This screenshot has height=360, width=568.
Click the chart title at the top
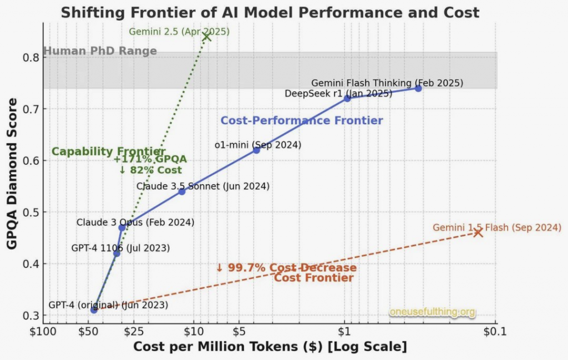point(270,13)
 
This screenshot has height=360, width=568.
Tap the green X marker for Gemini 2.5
point(207,37)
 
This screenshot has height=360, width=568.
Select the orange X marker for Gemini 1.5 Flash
point(478,232)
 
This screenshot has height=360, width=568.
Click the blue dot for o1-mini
point(256,150)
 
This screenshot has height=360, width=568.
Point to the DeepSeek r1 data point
point(347,98)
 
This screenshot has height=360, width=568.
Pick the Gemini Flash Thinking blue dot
point(418,88)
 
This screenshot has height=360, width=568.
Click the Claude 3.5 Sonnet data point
point(181,191)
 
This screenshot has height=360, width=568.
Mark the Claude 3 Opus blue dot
point(122,227)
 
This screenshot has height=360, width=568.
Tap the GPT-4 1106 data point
point(116,253)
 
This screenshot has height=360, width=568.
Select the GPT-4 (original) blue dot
point(94,310)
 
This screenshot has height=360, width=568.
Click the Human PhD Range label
point(100,52)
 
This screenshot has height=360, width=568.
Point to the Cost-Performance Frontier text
point(302,120)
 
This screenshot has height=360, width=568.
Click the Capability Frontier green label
point(108,151)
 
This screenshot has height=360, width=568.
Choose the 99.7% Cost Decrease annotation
point(286,268)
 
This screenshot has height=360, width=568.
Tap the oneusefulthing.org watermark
point(432,312)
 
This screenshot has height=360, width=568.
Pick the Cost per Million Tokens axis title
point(270,347)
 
